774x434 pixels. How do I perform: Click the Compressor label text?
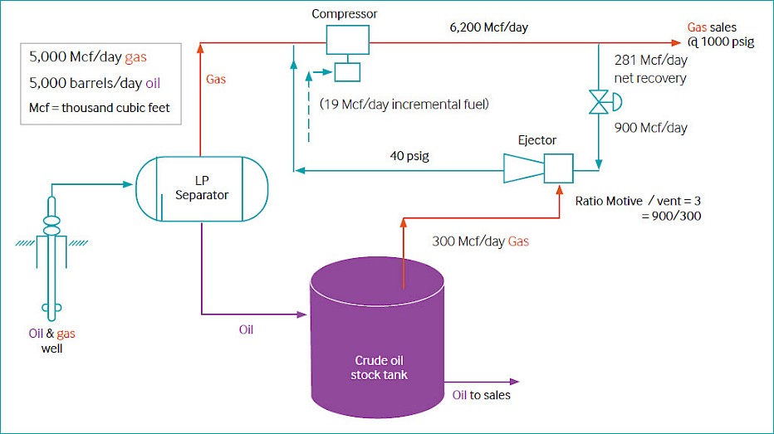pyautogui.click(x=344, y=14)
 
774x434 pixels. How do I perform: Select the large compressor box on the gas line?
pyautogui.click(x=347, y=40)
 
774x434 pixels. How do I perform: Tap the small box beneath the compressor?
pyautogui.click(x=347, y=72)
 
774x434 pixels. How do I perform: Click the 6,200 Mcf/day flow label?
pyautogui.click(x=488, y=27)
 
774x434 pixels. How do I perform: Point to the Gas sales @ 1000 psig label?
pyautogui.click(x=721, y=35)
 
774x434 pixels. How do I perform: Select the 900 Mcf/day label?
pyautogui.click(x=650, y=128)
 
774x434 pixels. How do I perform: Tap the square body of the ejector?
pyautogui.click(x=559, y=168)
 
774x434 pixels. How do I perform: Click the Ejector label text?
pyautogui.click(x=537, y=140)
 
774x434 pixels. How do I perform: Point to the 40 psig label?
pyautogui.click(x=409, y=156)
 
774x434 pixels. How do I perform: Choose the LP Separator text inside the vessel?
pyautogui.click(x=202, y=188)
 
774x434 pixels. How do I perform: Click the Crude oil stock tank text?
pyautogui.click(x=379, y=368)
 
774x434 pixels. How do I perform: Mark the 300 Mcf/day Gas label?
pyautogui.click(x=480, y=241)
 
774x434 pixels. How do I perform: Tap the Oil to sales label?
pyautogui.click(x=482, y=395)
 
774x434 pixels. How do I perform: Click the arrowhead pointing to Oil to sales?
pyautogui.click(x=514, y=381)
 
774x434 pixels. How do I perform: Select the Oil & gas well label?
pyautogui.click(x=51, y=341)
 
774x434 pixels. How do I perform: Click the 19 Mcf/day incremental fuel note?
pyautogui.click(x=404, y=105)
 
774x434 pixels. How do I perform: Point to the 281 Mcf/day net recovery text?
pyautogui.click(x=650, y=69)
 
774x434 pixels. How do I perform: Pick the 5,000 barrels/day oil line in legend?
pyautogui.click(x=95, y=83)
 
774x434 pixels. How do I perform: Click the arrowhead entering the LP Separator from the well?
pyautogui.click(x=128, y=184)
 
